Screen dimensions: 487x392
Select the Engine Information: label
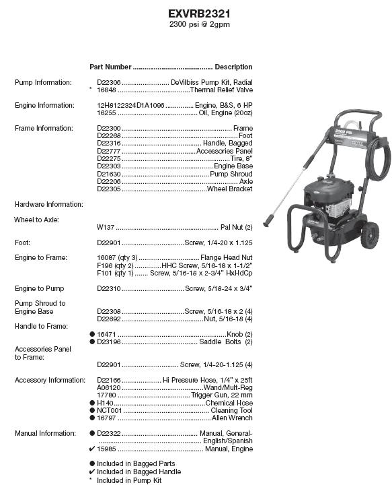click(x=44, y=105)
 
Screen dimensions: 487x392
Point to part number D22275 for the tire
click(x=109, y=158)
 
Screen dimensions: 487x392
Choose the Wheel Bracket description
click(x=229, y=189)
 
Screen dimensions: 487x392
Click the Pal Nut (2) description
click(x=237, y=227)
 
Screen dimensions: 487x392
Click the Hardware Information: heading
click(x=49, y=204)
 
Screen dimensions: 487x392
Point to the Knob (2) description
click(x=239, y=334)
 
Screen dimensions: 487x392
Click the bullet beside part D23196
click(x=92, y=342)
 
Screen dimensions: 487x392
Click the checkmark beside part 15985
click(x=92, y=449)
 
